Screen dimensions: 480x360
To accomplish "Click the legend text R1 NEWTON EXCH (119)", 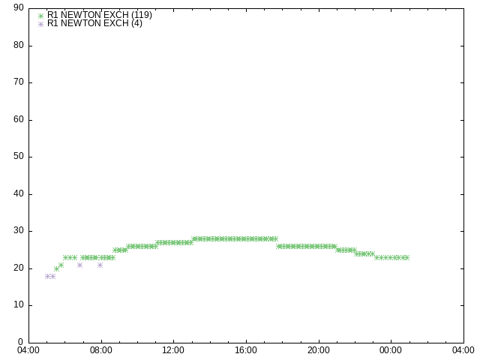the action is (x=100, y=15).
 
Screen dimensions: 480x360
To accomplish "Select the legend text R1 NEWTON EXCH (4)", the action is (x=94, y=23).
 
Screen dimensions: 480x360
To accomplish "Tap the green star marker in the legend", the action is (x=40, y=16).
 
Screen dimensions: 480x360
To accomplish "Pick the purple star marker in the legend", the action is (x=40, y=24).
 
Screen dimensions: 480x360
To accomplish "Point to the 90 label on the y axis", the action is (x=19, y=8).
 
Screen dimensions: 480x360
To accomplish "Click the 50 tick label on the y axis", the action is (x=19, y=157).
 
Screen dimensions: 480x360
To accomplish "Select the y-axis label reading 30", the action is (x=19, y=231).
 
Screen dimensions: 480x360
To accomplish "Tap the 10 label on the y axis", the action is (x=19, y=305).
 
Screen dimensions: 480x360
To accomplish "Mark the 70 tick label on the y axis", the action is (x=19, y=82).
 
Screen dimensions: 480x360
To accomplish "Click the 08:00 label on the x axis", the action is (x=101, y=350).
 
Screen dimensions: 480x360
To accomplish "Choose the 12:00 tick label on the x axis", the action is (x=173, y=350).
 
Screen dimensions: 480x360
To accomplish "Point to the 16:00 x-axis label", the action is (x=246, y=350).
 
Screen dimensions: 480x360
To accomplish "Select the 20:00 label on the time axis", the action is (x=319, y=350).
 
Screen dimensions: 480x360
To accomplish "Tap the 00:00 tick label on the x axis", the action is (x=391, y=350).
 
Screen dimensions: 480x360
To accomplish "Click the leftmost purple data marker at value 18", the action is (x=47, y=277).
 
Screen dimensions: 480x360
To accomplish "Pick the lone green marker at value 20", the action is (x=56, y=269).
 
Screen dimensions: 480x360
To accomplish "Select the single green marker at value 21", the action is (x=61, y=265).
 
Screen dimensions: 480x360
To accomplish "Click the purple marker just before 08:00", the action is (x=100, y=265).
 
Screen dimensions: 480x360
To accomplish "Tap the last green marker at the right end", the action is (x=406, y=258).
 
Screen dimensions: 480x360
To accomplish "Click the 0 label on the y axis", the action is (x=20, y=342).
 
